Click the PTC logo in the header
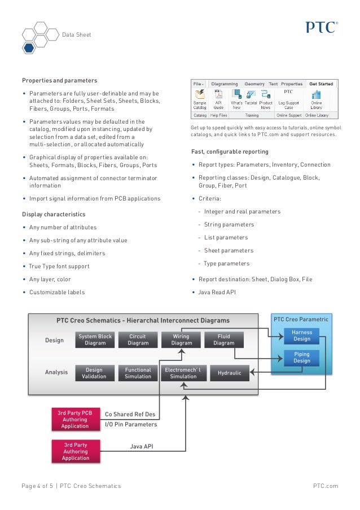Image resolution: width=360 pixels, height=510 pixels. [x=322, y=27]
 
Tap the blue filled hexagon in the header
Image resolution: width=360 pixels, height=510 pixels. [x=29, y=47]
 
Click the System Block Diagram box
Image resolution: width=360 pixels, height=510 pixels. [x=95, y=339]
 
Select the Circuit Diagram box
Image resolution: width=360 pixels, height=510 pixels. [x=138, y=339]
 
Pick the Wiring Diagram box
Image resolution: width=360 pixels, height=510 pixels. [x=182, y=339]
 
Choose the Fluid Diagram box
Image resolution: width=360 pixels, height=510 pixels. [x=224, y=339]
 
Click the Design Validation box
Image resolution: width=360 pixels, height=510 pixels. [x=94, y=373]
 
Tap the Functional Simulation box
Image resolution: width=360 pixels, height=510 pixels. [x=138, y=373]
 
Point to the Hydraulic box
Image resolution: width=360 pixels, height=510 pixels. [x=229, y=373]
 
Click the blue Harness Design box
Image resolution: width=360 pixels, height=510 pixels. [x=301, y=335]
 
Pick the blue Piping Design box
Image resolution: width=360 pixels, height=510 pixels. [x=301, y=358]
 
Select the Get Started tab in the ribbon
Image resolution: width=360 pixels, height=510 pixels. [x=321, y=84]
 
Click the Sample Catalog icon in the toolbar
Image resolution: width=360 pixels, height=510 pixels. [x=200, y=99]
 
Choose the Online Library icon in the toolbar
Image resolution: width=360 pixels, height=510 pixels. [x=316, y=99]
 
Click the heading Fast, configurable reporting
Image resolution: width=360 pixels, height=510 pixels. [x=230, y=152]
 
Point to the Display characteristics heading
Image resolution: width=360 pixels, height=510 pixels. [x=54, y=215]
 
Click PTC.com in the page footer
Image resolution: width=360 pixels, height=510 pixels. [x=325, y=486]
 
